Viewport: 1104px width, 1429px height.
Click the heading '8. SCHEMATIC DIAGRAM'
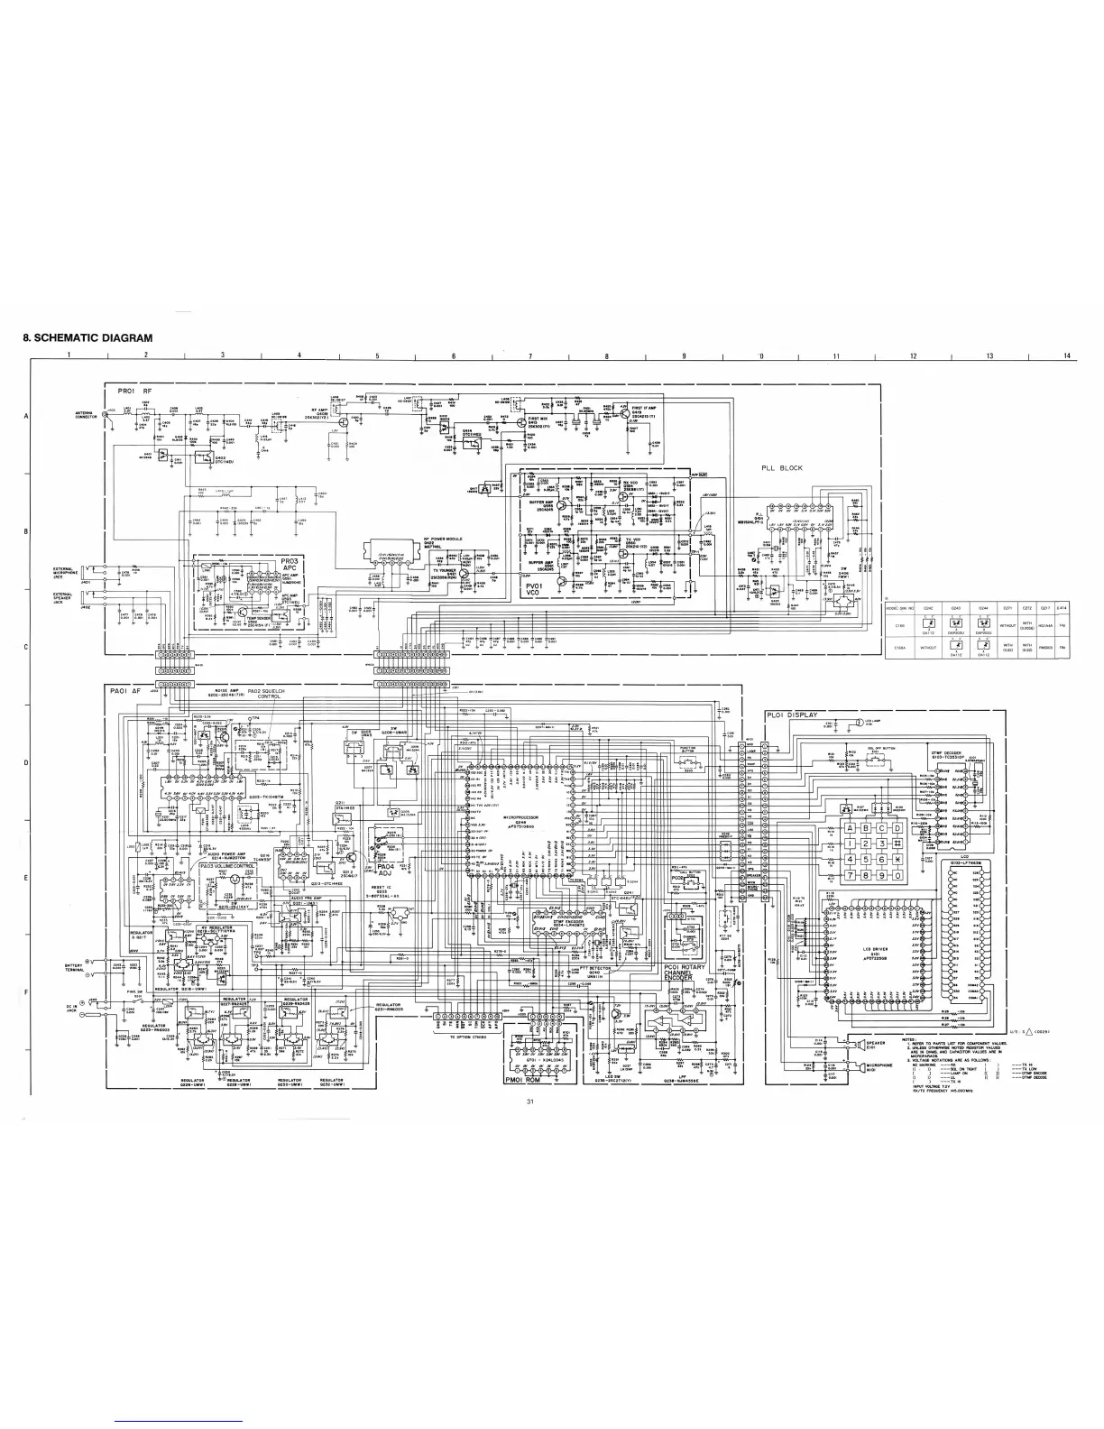click(x=87, y=338)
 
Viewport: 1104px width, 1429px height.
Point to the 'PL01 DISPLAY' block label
click(x=792, y=715)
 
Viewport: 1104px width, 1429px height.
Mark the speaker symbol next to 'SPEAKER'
click(x=851, y=1044)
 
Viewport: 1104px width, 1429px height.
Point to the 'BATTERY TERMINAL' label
click(x=75, y=968)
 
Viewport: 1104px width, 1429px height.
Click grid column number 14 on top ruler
click(x=1065, y=355)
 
